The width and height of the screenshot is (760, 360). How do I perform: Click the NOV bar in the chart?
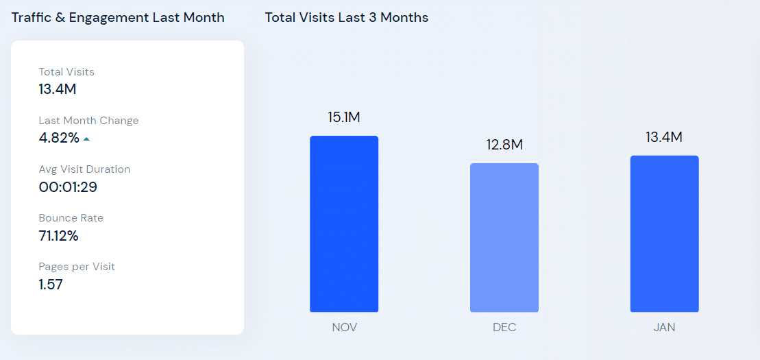344,224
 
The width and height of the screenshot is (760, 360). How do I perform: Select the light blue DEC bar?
504,238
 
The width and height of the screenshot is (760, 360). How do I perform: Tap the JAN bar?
664,234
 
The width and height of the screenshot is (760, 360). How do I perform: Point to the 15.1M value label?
344,117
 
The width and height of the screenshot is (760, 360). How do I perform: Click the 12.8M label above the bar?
504,145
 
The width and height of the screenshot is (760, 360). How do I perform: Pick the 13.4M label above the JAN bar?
664,137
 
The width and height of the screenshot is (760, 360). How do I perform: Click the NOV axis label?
344,328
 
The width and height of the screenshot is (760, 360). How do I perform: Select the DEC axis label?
504,328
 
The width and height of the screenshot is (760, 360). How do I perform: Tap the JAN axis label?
664,328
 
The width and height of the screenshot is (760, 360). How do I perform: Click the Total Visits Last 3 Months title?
347,18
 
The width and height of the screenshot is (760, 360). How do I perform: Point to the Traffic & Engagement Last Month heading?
118,18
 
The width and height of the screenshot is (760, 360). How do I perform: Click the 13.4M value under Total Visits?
58,89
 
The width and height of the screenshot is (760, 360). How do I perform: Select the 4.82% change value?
59,138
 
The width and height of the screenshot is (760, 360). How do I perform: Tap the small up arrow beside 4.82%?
86,139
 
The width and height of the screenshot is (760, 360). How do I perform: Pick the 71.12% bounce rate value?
59,236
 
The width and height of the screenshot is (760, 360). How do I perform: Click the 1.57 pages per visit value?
51,285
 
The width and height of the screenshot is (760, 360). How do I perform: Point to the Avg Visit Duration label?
84,169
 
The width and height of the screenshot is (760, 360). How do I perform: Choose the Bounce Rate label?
71,218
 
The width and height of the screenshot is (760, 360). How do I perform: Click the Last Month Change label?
88,121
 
